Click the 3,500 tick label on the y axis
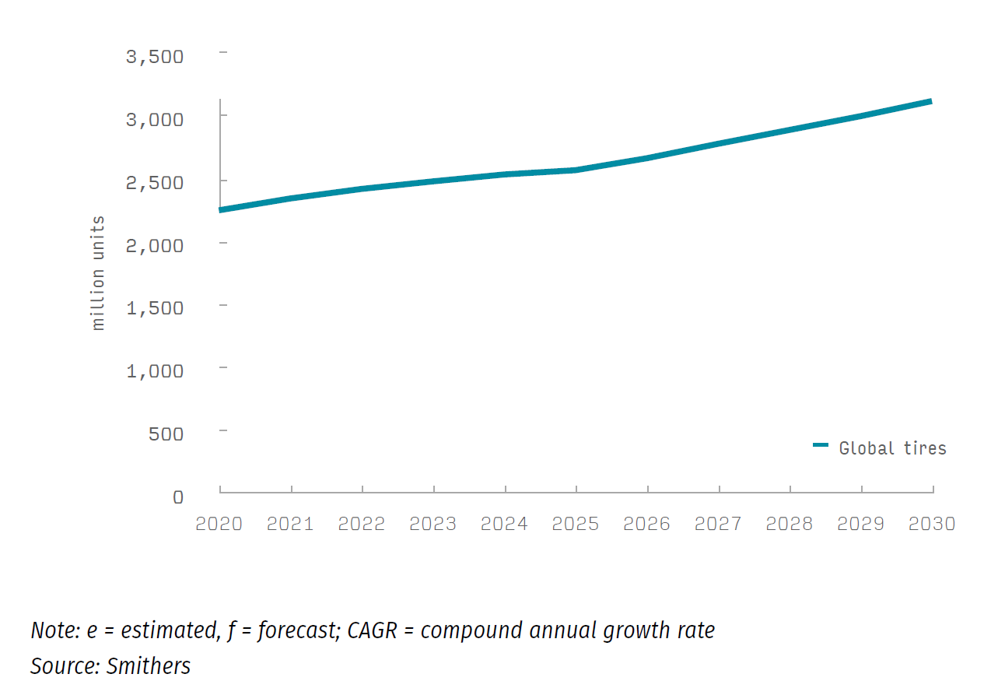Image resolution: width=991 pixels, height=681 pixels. click(154, 57)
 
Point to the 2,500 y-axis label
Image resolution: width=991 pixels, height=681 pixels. click(154, 182)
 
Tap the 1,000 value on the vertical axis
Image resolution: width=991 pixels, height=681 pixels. click(154, 370)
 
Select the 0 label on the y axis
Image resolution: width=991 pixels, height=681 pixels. click(178, 497)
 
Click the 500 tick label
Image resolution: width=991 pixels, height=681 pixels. click(166, 434)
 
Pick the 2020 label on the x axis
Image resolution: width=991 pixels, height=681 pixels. click(219, 524)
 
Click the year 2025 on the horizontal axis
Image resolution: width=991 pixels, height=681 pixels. click(576, 524)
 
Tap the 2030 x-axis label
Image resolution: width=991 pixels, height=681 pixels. click(932, 524)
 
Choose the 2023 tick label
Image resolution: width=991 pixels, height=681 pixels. click(432, 524)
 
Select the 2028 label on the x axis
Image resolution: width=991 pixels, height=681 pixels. click(790, 524)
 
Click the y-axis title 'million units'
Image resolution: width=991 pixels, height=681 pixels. click(98, 273)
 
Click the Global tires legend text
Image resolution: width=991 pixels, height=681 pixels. click(892, 448)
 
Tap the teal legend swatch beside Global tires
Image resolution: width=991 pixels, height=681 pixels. click(821, 445)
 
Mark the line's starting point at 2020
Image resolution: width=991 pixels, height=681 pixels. click(221, 210)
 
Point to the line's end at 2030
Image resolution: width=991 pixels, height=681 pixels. click(931, 101)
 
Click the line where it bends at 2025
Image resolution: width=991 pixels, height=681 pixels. click(576, 170)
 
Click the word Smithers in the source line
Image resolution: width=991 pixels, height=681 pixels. click(149, 666)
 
